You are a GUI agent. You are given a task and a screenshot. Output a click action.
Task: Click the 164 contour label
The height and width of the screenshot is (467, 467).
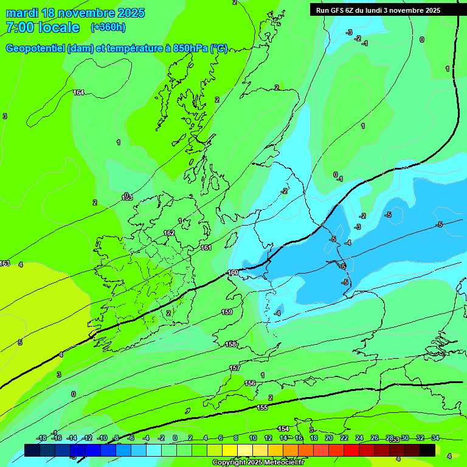(78, 92)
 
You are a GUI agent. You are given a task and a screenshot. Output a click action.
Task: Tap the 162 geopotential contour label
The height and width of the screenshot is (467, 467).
(169, 233)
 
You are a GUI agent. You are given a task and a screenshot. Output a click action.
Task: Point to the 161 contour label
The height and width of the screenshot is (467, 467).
(206, 247)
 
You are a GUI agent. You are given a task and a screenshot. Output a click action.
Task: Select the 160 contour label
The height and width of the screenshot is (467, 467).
(233, 272)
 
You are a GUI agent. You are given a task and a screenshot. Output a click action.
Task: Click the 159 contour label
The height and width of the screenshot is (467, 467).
(227, 312)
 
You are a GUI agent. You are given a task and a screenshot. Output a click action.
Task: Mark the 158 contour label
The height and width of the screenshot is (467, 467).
(230, 344)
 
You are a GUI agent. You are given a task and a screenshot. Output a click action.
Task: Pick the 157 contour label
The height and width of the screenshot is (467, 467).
(235, 368)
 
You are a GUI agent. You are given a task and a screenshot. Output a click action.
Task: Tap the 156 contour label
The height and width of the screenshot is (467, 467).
(250, 383)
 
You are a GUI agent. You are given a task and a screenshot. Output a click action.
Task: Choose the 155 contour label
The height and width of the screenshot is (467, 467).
(262, 407)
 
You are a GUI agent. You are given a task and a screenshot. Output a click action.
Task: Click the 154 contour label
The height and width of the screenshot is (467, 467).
(283, 429)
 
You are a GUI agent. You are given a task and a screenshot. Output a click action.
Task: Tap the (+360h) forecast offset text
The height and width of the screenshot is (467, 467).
(108, 27)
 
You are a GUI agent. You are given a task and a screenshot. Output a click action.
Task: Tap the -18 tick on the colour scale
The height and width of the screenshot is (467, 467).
(42, 438)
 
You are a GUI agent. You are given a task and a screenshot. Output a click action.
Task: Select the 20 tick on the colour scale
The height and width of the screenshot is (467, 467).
(328, 438)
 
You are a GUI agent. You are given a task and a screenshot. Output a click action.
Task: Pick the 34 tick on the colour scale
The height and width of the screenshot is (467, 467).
(435, 438)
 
